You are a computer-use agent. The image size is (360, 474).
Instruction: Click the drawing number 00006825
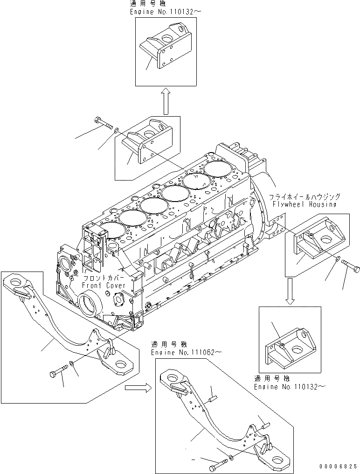point(339,466)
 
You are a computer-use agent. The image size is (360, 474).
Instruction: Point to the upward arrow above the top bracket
point(166,101)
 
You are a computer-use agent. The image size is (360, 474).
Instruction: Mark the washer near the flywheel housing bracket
point(337,259)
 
